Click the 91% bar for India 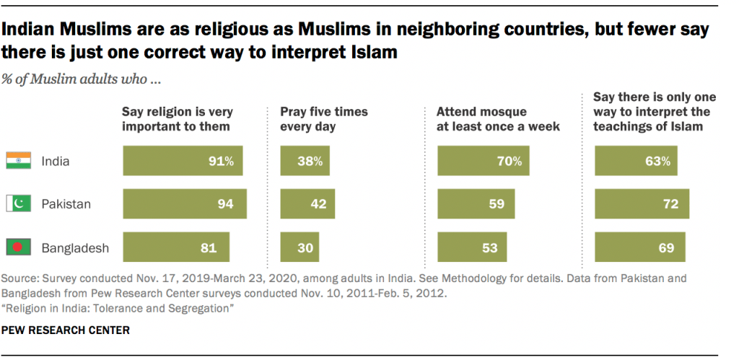pos(183,161)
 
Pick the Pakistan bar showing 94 pos(185,204)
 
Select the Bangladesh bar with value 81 pos(176,247)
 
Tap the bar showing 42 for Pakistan pos(308,204)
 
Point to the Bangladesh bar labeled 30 pos(300,247)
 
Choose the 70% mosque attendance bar pos(483,161)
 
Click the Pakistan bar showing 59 pos(476,204)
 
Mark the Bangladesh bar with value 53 pos(472,247)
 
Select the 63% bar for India pos(636,161)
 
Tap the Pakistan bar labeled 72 pos(642,204)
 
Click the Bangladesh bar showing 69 pos(639,247)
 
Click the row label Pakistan pos(65,204)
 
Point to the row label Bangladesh pos(74,247)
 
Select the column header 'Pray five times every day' pos(324,119)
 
